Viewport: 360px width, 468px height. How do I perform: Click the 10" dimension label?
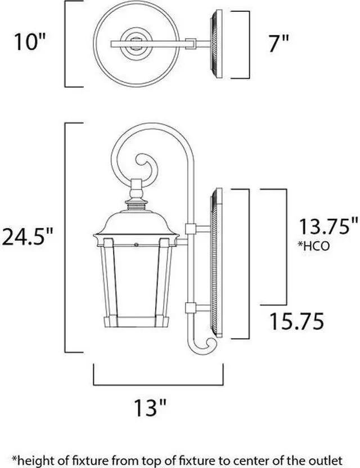[x=30, y=42]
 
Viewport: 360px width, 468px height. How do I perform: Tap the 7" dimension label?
[x=278, y=44]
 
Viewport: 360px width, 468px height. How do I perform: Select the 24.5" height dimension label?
[x=28, y=237]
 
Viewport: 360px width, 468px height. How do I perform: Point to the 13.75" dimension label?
[x=328, y=227]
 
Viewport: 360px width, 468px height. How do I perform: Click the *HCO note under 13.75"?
[x=313, y=246]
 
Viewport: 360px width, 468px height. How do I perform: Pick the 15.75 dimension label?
[x=296, y=321]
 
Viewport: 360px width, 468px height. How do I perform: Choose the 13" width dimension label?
[x=150, y=407]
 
